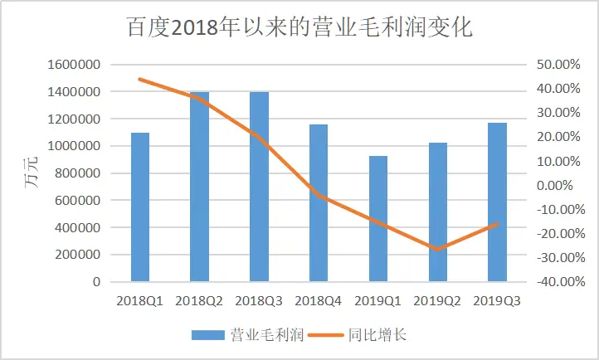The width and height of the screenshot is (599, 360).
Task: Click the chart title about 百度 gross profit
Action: click(x=299, y=27)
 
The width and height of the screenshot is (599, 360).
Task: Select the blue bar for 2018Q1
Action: click(x=140, y=207)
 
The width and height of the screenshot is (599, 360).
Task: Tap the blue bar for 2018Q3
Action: click(x=259, y=187)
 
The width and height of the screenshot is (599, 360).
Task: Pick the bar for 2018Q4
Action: click(x=319, y=203)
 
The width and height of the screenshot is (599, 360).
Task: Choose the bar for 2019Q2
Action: click(x=437, y=212)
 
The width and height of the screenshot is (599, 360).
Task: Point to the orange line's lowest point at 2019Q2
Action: click(x=437, y=249)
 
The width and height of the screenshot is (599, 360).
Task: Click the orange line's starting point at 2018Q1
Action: click(x=140, y=79)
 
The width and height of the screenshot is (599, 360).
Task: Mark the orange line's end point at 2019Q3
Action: click(x=497, y=224)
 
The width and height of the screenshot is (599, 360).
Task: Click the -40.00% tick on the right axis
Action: click(x=548, y=282)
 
